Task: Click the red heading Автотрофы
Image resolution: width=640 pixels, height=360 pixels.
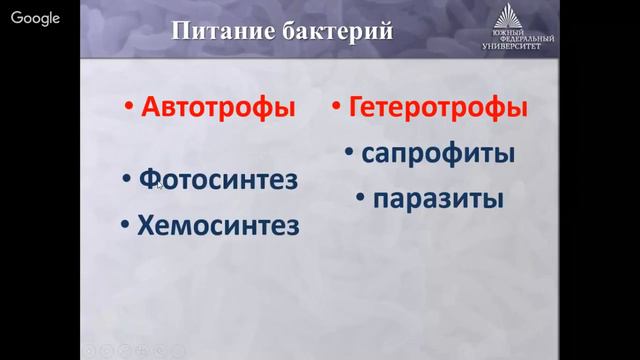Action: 218,106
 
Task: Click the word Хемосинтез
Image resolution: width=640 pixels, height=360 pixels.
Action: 217,225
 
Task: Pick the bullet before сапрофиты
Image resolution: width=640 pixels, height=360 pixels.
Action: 349,156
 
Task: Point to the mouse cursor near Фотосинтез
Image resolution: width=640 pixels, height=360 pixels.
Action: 159,184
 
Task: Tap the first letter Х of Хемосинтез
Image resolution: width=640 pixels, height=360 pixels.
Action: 144,225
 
